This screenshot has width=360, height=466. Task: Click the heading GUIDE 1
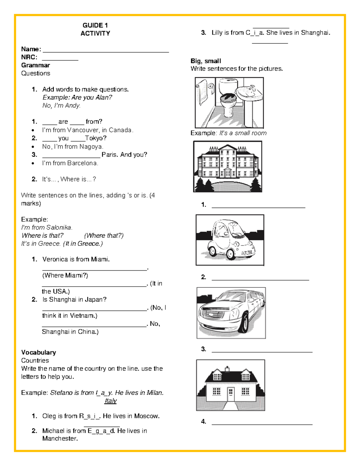95,25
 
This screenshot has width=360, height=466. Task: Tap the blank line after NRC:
60,59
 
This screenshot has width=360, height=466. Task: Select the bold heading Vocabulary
38,352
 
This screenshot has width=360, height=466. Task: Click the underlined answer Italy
110,401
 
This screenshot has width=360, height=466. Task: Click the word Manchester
60,438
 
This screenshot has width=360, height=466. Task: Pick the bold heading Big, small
206,61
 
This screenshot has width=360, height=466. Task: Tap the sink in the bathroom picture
250,93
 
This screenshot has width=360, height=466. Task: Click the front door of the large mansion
228,173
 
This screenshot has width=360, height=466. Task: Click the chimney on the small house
227,368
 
